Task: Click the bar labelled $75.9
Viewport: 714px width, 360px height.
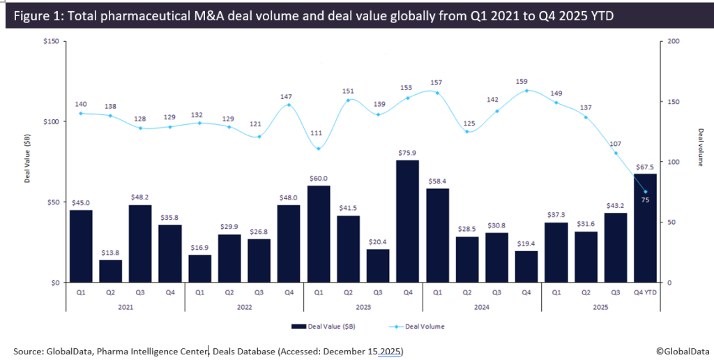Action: (408, 221)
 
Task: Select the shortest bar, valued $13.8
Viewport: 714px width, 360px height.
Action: (110, 271)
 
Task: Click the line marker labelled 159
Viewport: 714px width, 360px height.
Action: (526, 91)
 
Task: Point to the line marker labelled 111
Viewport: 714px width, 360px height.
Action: (319, 149)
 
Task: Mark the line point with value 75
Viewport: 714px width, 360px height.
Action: (646, 192)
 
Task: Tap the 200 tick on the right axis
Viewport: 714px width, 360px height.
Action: (673, 41)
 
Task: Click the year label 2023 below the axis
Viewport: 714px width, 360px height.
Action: (363, 307)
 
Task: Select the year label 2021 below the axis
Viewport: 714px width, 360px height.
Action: (125, 307)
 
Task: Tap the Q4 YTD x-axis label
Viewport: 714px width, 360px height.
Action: (646, 293)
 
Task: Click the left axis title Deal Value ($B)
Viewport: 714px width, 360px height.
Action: (27, 162)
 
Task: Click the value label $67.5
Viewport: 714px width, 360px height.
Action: (646, 166)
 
